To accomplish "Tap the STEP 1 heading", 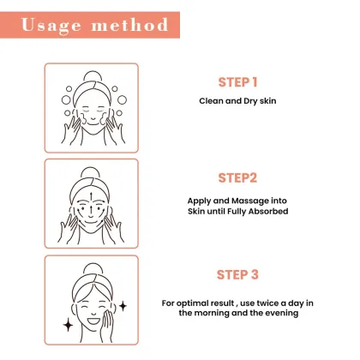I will (x=237, y=82).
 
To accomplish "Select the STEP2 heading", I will (x=238, y=179).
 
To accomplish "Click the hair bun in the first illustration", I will (x=91, y=75).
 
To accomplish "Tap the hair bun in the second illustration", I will (x=92, y=172).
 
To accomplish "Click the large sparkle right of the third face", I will (x=123, y=304).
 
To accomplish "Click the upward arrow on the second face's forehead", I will (x=92, y=200).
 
